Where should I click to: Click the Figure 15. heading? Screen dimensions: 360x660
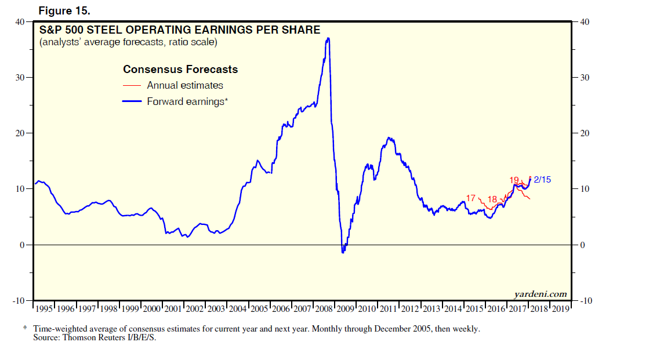tap(64, 11)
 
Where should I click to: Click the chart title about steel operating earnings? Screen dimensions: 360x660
tap(179, 30)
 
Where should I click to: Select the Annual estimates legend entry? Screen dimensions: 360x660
tap(184, 85)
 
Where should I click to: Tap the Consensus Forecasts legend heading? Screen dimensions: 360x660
tap(180, 70)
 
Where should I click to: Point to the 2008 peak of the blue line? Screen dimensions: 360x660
tap(328, 39)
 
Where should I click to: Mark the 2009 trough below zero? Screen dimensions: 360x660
tap(343, 252)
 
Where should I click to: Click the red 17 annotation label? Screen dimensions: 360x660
tap(471, 198)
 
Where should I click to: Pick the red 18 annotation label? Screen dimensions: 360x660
tap(492, 199)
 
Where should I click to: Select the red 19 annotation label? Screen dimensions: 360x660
tap(514, 180)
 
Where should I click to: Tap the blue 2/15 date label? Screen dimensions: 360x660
tap(542, 180)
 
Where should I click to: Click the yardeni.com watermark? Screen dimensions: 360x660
tap(541, 294)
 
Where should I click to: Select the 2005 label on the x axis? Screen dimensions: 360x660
tap(259, 309)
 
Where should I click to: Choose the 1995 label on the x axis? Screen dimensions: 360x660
tap(44, 309)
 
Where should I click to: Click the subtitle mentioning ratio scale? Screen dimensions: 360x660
tap(128, 42)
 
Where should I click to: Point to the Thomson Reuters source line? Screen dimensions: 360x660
tap(95, 337)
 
